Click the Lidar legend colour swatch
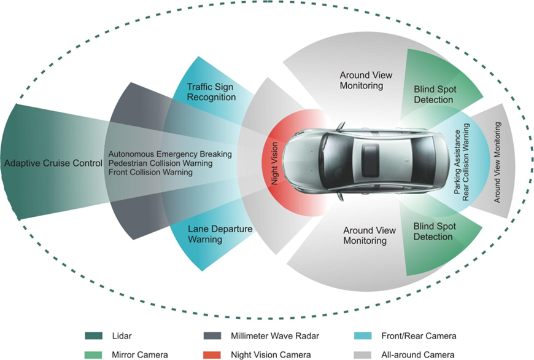click(93, 336)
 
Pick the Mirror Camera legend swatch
click(93, 354)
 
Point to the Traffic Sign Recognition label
click(211, 92)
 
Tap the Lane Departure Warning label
click(212, 235)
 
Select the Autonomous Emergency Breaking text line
click(170, 154)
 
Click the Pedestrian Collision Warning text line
click(161, 163)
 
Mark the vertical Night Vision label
click(274, 163)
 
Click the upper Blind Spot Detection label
click(433, 95)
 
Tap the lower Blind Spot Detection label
click(433, 231)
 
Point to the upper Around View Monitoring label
click(366, 80)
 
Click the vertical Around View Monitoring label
click(498, 162)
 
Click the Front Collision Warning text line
click(151, 173)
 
